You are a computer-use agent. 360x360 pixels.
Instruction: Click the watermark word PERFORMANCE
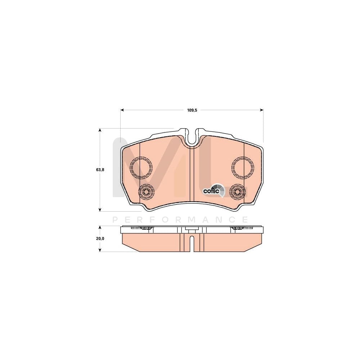pyautogui.click(x=180, y=220)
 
